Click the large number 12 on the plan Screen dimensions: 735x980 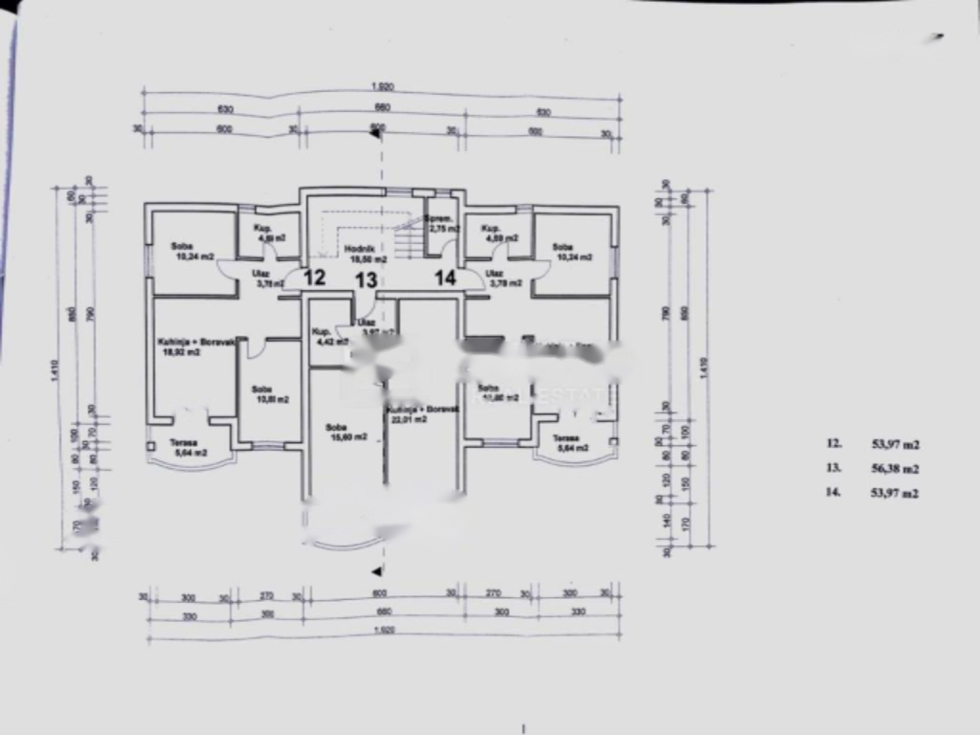[314, 278]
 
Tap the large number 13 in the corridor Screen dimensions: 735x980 [367, 280]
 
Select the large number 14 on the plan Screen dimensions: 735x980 [445, 278]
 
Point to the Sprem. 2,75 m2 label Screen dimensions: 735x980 [440, 224]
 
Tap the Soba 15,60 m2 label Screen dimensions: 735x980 [336, 432]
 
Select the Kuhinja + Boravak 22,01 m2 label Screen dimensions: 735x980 [422, 412]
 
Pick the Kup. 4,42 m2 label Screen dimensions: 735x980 [326, 336]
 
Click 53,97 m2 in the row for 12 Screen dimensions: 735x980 [894, 444]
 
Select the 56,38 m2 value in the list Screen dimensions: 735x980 [894, 469]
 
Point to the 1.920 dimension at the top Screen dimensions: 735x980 [382, 87]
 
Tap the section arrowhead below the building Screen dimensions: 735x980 [377, 570]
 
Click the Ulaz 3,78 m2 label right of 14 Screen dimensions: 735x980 [504, 278]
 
